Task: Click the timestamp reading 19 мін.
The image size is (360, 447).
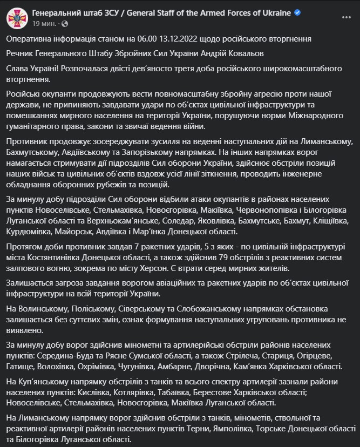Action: pos(43,24)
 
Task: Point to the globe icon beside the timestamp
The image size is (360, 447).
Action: pos(65,24)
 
